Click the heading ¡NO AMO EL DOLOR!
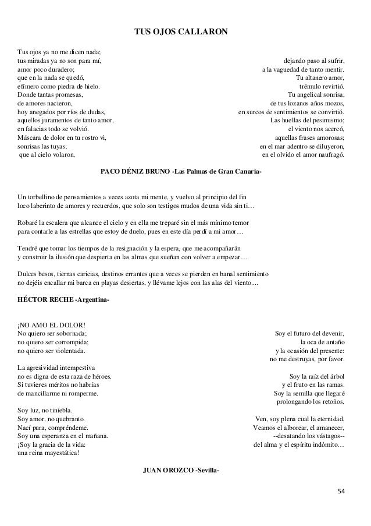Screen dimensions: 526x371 pyautogui.click(x=52, y=324)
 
